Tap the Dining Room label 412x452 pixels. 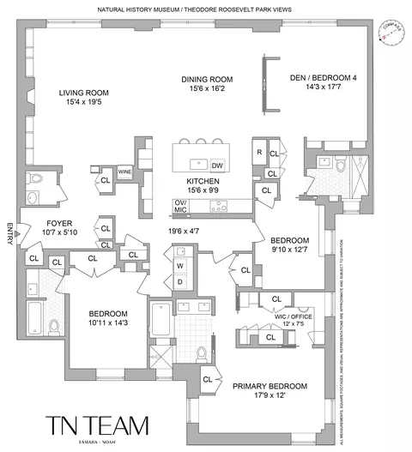[207, 80]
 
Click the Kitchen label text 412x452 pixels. [204, 182]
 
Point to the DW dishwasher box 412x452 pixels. [217, 165]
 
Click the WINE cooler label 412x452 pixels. [124, 172]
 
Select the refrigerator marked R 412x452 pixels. [258, 153]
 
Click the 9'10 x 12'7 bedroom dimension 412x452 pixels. [289, 250]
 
